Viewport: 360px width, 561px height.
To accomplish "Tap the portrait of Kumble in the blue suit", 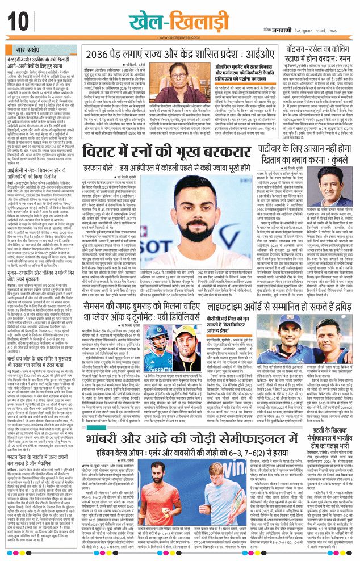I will pyautogui.click(x=337, y=194).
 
